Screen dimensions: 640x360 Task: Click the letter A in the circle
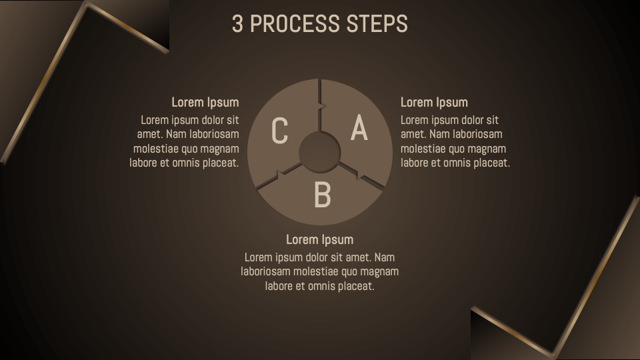(359, 128)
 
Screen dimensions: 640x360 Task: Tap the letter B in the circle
(322, 195)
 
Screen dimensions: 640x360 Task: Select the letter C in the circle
(279, 131)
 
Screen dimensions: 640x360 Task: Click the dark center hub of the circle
(319, 153)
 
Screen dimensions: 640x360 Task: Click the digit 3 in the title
(237, 23)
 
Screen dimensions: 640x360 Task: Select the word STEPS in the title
(377, 23)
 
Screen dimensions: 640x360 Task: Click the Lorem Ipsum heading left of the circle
(205, 102)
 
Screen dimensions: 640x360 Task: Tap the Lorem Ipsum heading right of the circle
(434, 102)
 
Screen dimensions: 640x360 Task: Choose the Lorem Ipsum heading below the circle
(319, 239)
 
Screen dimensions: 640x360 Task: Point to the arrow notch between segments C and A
(323, 106)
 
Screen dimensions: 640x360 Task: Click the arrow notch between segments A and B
(361, 175)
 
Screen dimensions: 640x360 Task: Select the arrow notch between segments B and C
(281, 175)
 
